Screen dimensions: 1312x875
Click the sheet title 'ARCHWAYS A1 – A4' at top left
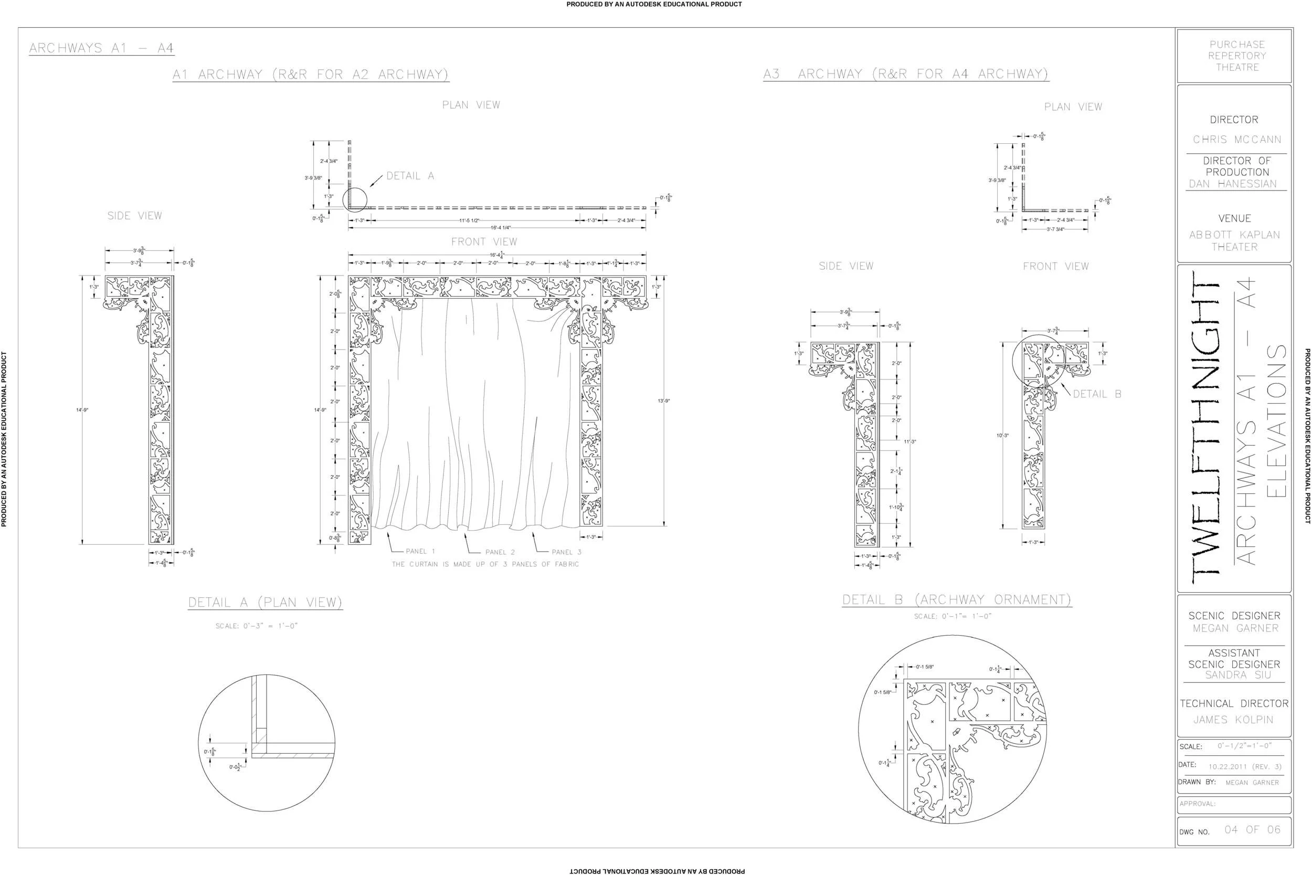[101, 48]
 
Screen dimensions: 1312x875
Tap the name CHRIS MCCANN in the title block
[1237, 140]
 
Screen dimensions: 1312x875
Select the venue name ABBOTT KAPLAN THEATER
[1234, 240]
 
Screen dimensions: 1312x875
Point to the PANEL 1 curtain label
[420, 551]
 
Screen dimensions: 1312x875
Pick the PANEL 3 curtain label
[566, 552]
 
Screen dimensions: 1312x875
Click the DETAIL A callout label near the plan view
[410, 176]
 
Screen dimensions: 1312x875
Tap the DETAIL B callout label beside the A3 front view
[1097, 394]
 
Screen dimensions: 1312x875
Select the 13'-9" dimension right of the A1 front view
[664, 400]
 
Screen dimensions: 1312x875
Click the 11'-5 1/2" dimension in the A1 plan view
[469, 220]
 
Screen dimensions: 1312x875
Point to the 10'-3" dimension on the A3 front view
[1002, 436]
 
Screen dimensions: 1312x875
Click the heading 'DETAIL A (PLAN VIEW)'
[265, 603]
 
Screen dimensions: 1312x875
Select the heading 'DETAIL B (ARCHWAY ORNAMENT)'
[957, 600]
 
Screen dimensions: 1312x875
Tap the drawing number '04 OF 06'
[1252, 830]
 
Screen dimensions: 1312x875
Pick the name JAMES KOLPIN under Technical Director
[1233, 720]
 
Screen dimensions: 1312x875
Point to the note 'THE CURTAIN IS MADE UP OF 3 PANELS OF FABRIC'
[485, 564]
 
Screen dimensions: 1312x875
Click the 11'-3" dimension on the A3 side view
[910, 442]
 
